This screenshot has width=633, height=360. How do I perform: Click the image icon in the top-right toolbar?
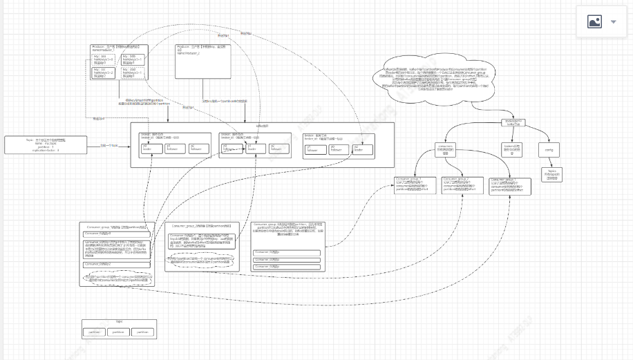(x=594, y=22)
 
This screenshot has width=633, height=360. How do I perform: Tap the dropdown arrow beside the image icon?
(x=614, y=22)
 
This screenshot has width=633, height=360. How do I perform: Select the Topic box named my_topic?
(x=44, y=144)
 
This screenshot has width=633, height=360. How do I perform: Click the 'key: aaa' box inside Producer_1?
(x=104, y=59)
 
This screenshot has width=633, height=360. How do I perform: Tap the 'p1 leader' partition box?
(x=254, y=149)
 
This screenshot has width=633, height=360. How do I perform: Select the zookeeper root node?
(x=512, y=122)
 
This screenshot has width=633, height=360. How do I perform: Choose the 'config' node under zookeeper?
(x=549, y=150)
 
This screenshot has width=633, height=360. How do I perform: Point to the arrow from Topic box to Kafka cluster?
(x=108, y=145)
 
